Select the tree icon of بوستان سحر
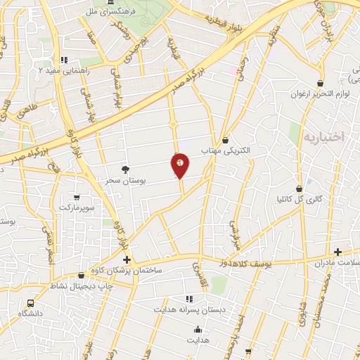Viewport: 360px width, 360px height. click(126, 169)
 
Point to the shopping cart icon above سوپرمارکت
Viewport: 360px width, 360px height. click(77, 198)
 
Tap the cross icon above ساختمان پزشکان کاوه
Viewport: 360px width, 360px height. click(127, 259)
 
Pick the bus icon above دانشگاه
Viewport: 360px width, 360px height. click(30, 302)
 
